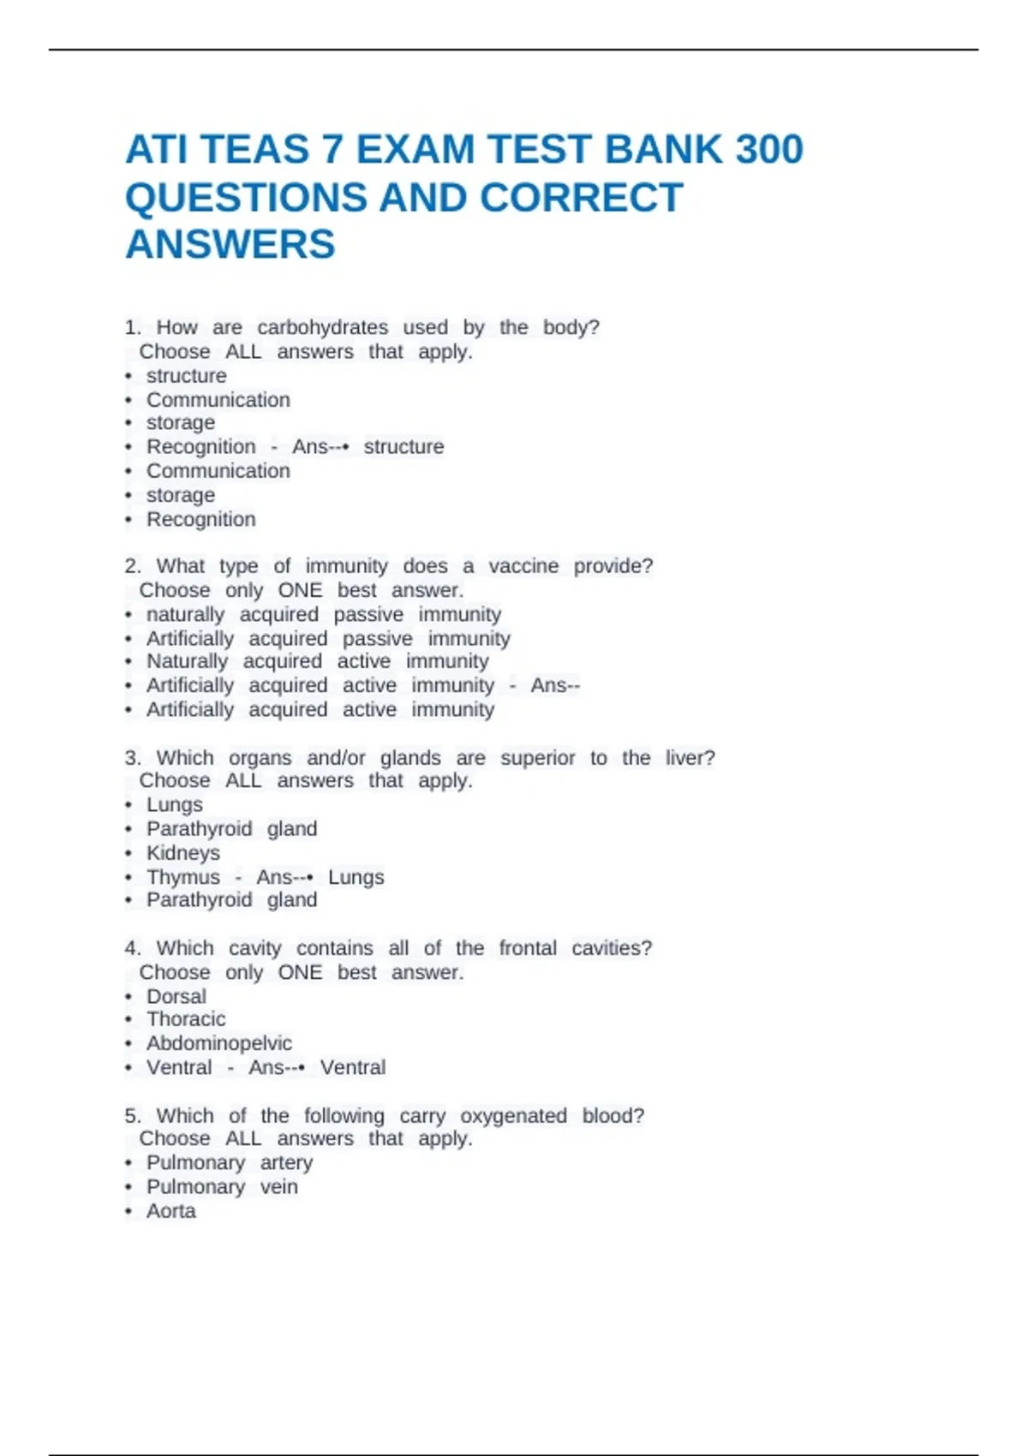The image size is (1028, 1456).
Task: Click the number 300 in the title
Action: click(757, 150)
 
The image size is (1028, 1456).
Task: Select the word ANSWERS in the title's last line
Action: click(230, 245)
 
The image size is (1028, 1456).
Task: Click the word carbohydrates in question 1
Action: click(322, 328)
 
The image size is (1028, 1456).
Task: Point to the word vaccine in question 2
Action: click(523, 566)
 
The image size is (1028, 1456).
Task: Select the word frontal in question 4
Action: click(528, 949)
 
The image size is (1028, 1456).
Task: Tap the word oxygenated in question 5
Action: click(513, 1116)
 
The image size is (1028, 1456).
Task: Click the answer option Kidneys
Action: click(183, 853)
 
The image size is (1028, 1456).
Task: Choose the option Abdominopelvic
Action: click(219, 1043)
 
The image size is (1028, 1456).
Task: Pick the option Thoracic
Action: click(186, 1019)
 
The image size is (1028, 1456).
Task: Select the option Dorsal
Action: click(176, 997)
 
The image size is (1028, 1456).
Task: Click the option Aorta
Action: click(171, 1211)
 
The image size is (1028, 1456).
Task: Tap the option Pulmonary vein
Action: click(222, 1187)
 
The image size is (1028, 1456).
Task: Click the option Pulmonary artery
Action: click(230, 1163)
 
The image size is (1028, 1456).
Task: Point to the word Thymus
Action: click(183, 877)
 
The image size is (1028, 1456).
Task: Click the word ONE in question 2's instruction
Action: click(300, 591)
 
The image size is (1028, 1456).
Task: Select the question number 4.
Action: click(132, 949)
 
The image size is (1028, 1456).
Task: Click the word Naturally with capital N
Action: click(187, 662)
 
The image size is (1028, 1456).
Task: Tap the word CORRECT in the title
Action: click(582, 198)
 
